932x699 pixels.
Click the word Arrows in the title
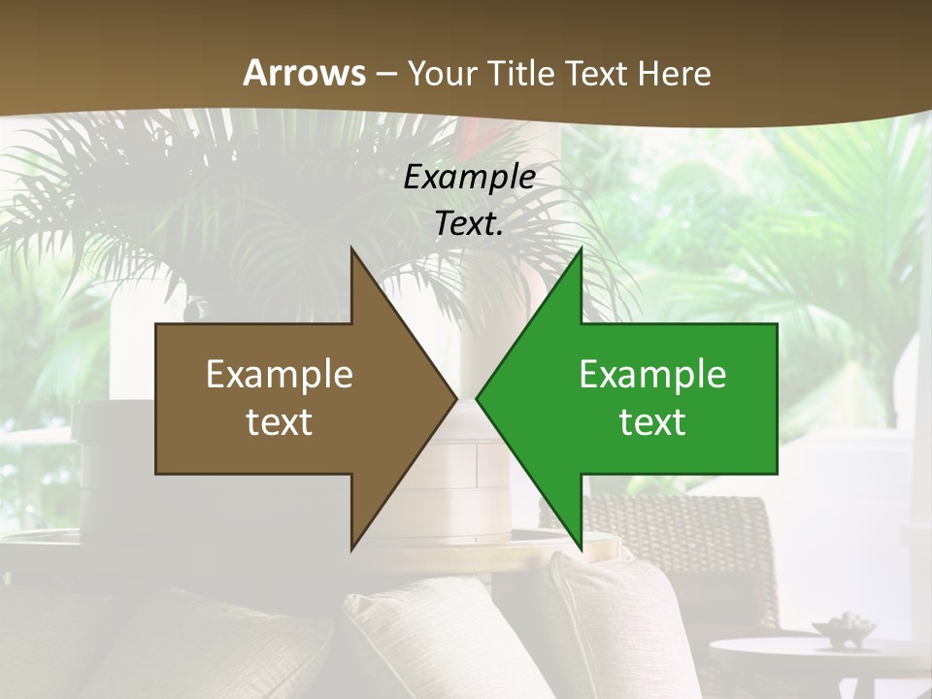pyautogui.click(x=304, y=73)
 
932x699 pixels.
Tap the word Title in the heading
pyautogui.click(x=521, y=73)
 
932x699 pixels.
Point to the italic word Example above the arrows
pyautogui.click(x=469, y=177)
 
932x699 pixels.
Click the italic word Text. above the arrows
pyautogui.click(x=469, y=223)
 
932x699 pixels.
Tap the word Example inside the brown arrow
pyautogui.click(x=280, y=375)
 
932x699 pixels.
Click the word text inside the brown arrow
pyautogui.click(x=280, y=422)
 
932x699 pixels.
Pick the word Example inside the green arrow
pyautogui.click(x=652, y=375)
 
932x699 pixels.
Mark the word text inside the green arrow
pyautogui.click(x=652, y=422)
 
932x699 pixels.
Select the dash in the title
pyautogui.click(x=385, y=74)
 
